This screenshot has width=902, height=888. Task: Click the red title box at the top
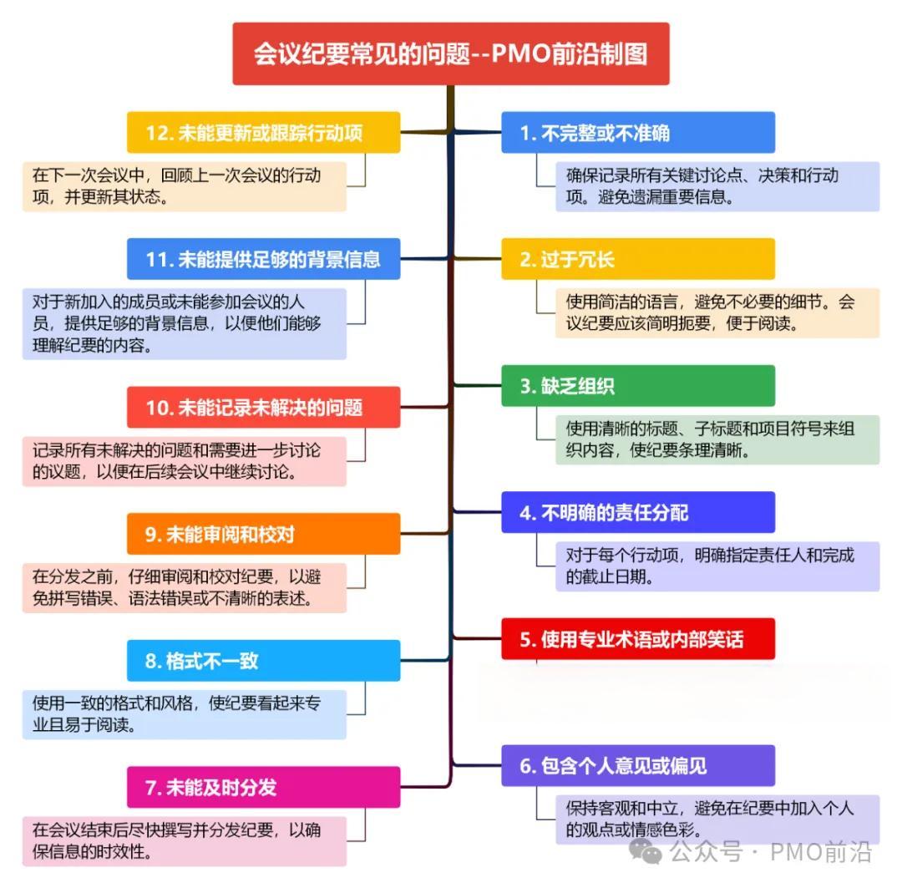click(x=450, y=53)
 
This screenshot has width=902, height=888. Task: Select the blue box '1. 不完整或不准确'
click(x=637, y=133)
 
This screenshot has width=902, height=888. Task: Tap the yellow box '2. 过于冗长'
click(x=637, y=259)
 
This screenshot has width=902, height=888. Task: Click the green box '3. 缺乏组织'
click(x=637, y=386)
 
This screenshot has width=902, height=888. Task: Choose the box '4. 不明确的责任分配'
click(x=637, y=512)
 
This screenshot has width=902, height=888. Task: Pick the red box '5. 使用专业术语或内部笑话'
click(x=637, y=639)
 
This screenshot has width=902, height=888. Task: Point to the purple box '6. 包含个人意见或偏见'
click(x=637, y=765)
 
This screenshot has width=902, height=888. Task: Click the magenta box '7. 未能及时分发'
click(x=263, y=787)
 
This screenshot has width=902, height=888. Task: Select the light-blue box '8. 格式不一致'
click(x=263, y=661)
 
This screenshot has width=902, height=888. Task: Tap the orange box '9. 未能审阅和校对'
click(x=263, y=534)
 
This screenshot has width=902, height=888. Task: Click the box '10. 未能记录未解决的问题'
click(x=263, y=408)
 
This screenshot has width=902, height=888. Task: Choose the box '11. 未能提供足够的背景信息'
click(x=263, y=259)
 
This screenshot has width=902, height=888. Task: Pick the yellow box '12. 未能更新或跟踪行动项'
click(x=263, y=133)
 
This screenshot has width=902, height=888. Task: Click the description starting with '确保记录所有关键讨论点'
click(x=717, y=186)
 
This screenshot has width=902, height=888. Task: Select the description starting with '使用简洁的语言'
click(x=717, y=312)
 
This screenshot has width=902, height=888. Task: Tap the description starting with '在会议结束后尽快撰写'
click(x=184, y=840)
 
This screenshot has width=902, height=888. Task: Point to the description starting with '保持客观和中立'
click(x=717, y=819)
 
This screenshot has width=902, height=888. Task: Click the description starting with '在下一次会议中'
click(x=184, y=186)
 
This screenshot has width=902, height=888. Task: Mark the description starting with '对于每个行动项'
click(x=717, y=566)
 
